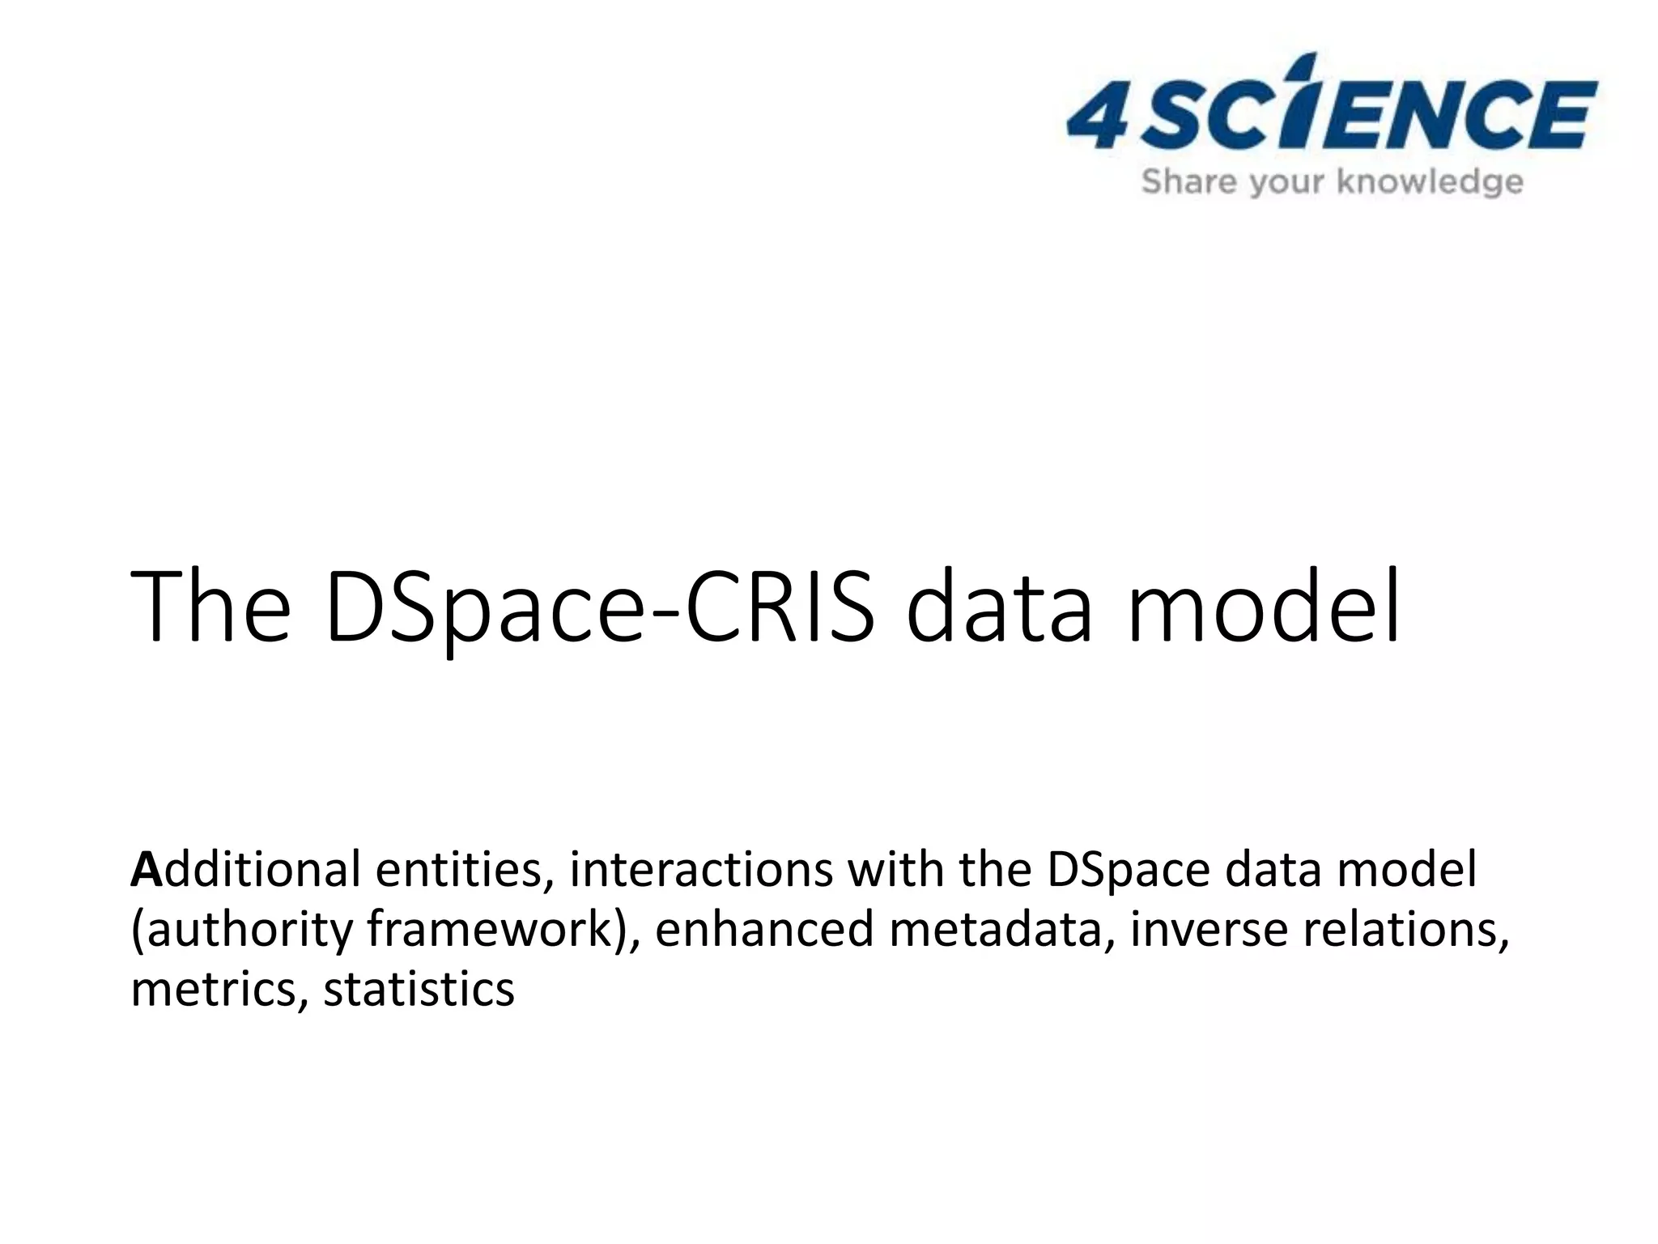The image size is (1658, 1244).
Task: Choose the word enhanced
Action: pos(764,930)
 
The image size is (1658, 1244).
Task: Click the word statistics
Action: pos(419,990)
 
